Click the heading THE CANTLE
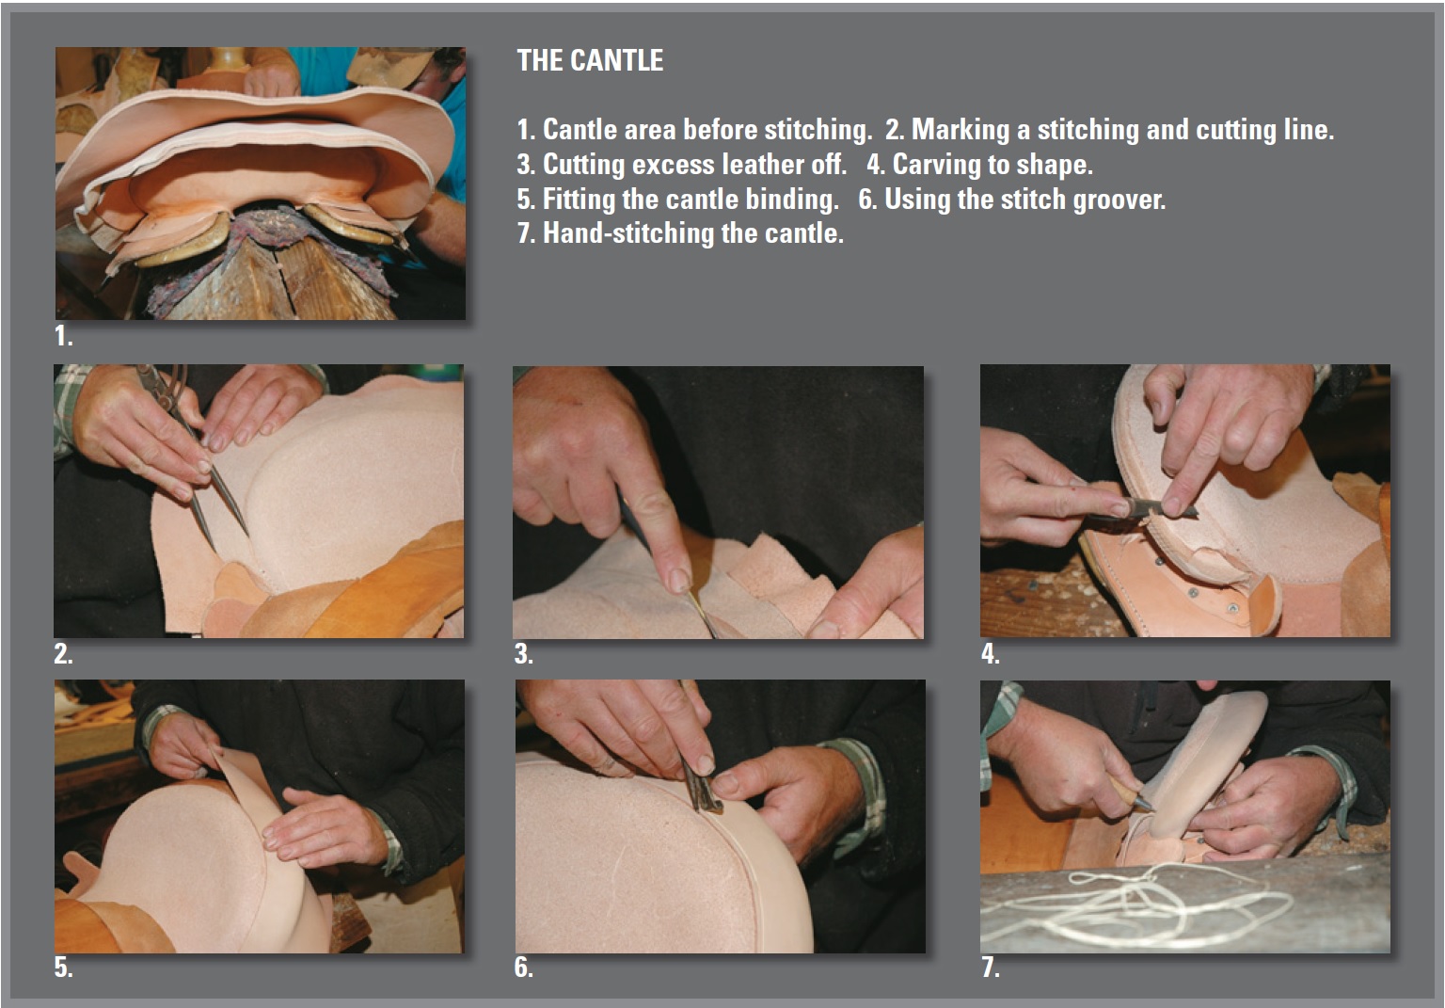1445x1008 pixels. (590, 60)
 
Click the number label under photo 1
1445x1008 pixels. (63, 336)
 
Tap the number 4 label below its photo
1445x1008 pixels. (991, 654)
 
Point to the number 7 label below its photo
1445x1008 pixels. (991, 968)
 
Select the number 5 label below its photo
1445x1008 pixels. (63, 968)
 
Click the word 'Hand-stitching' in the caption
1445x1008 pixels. (628, 233)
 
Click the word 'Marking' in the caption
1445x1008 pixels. (960, 130)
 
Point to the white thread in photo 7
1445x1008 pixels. (1135, 904)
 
